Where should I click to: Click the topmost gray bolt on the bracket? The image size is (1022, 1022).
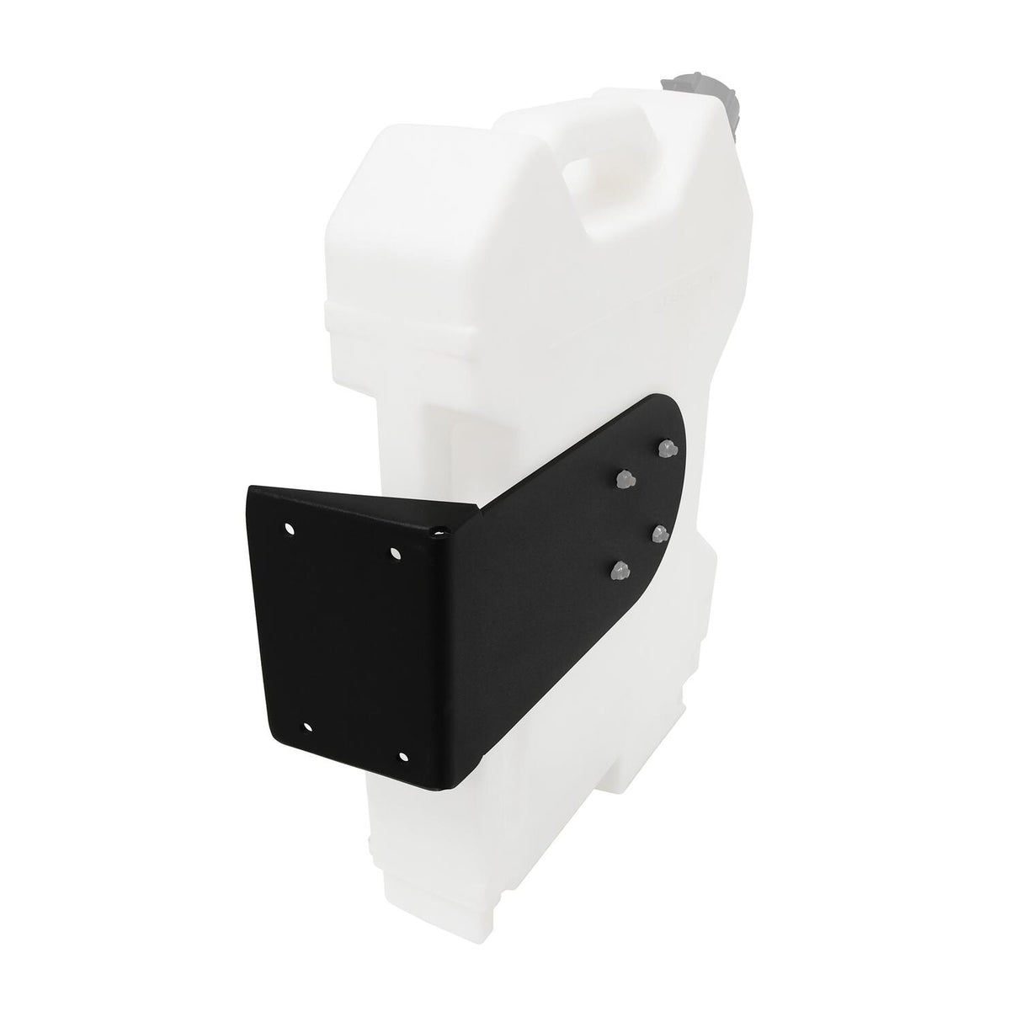pyautogui.click(x=668, y=446)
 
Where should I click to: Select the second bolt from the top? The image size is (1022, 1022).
pyautogui.click(x=624, y=478)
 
